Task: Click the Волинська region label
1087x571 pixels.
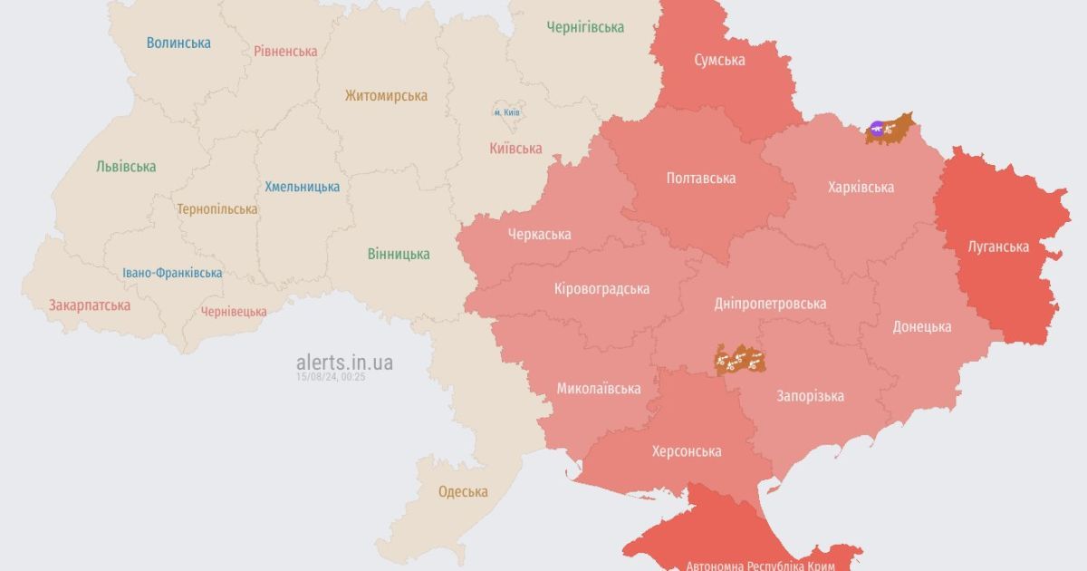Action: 178,43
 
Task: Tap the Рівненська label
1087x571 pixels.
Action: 285,52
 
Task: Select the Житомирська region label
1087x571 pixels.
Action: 386,95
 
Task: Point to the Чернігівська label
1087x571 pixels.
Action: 585,27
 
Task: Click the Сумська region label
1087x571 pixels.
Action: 719,60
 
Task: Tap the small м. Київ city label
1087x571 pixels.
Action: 506,111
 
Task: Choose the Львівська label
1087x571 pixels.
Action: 126,167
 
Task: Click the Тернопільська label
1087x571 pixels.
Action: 217,208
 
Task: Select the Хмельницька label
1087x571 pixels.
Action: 303,187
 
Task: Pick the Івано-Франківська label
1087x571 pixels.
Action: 172,273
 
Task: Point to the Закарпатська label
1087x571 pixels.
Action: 90,305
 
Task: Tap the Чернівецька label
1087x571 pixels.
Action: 234,311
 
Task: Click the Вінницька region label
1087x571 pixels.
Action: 399,254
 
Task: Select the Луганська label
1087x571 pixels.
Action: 998,247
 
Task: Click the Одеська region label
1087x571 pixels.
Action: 463,492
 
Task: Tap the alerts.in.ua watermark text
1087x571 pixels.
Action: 344,363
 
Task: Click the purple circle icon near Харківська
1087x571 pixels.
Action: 877,129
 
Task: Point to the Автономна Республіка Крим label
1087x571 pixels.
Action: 761,565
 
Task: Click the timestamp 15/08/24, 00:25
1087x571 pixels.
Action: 331,377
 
